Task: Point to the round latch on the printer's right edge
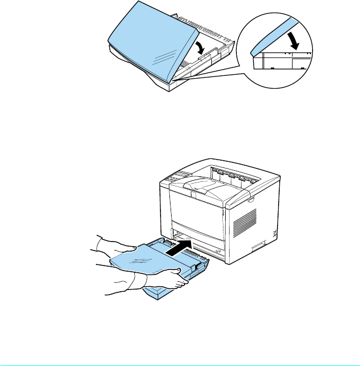click(x=251, y=199)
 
